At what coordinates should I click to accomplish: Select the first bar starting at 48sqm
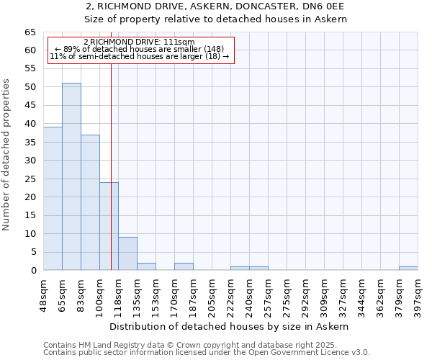53,198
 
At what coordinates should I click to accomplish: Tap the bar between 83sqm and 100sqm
90,202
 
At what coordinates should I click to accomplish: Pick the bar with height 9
127,253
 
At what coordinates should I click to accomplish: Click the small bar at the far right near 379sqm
408,269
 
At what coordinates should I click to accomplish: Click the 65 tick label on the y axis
30,32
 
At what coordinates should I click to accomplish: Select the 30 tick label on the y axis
30,161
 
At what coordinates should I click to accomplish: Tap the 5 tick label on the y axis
33,252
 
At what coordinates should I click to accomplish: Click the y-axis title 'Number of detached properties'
6,155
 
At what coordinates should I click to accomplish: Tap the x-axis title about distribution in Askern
230,326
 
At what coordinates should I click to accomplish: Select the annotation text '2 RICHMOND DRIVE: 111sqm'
139,42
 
